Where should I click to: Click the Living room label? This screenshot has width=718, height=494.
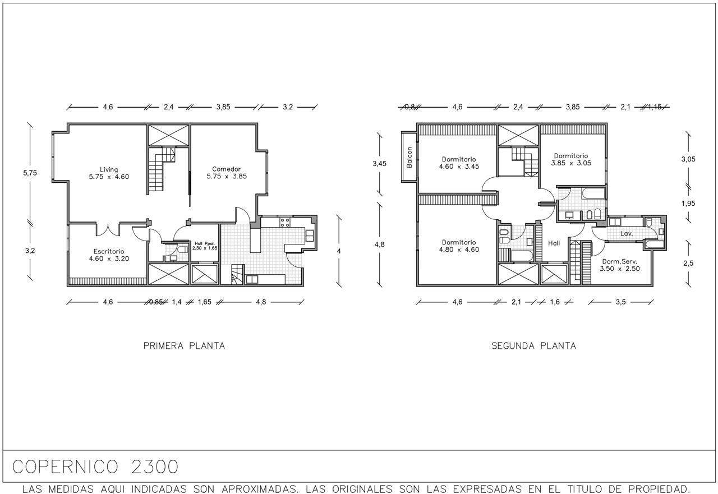point(109,173)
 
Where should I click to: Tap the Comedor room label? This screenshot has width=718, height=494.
point(227,172)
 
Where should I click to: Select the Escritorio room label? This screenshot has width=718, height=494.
point(109,255)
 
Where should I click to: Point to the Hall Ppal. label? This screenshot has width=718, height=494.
point(205,246)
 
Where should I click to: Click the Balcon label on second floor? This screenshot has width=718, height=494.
point(409,158)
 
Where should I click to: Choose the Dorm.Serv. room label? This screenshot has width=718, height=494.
point(620,265)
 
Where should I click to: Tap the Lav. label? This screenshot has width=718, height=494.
point(627,234)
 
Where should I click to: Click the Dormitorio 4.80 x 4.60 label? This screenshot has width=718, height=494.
point(459,246)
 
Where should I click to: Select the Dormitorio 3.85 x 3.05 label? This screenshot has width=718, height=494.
point(571,159)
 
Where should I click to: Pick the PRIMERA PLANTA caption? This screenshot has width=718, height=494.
point(184,345)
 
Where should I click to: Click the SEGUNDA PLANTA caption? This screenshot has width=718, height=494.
point(533,345)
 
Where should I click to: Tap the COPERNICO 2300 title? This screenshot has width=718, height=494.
point(95,467)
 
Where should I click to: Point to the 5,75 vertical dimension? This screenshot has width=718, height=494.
point(30,173)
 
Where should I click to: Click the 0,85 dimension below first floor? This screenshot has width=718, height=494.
point(157,302)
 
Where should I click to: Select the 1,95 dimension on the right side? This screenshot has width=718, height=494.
point(688,203)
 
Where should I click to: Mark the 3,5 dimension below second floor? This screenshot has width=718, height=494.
point(620,302)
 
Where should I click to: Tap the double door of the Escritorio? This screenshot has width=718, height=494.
point(108,229)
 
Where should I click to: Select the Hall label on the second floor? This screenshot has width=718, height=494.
point(554,243)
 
